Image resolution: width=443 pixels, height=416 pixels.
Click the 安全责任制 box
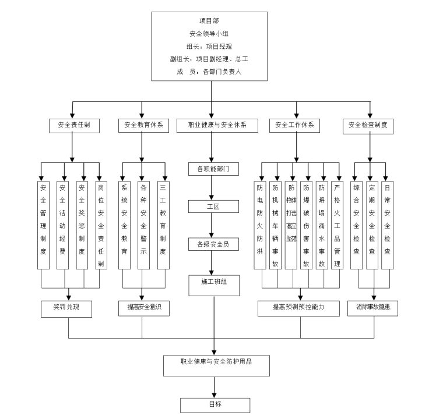click(x=73, y=125)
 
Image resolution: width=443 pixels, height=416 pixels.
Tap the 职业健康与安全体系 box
click(x=217, y=125)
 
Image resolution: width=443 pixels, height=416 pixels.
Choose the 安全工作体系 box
click(x=295, y=125)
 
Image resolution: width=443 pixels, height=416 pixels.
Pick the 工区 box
click(x=212, y=207)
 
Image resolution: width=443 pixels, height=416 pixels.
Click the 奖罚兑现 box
click(x=67, y=309)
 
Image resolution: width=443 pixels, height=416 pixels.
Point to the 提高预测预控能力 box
click(x=298, y=309)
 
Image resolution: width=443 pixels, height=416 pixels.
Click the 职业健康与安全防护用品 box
click(x=216, y=364)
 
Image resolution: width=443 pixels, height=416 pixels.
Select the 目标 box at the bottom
click(x=215, y=405)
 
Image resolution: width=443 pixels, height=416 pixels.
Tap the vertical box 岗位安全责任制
click(x=101, y=225)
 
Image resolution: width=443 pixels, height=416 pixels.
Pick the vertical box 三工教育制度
click(x=163, y=225)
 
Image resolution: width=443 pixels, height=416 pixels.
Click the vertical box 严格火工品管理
click(x=337, y=225)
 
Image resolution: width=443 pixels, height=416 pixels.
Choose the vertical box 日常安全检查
click(x=387, y=225)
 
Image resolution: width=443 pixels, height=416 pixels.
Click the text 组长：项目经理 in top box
click(x=209, y=46)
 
